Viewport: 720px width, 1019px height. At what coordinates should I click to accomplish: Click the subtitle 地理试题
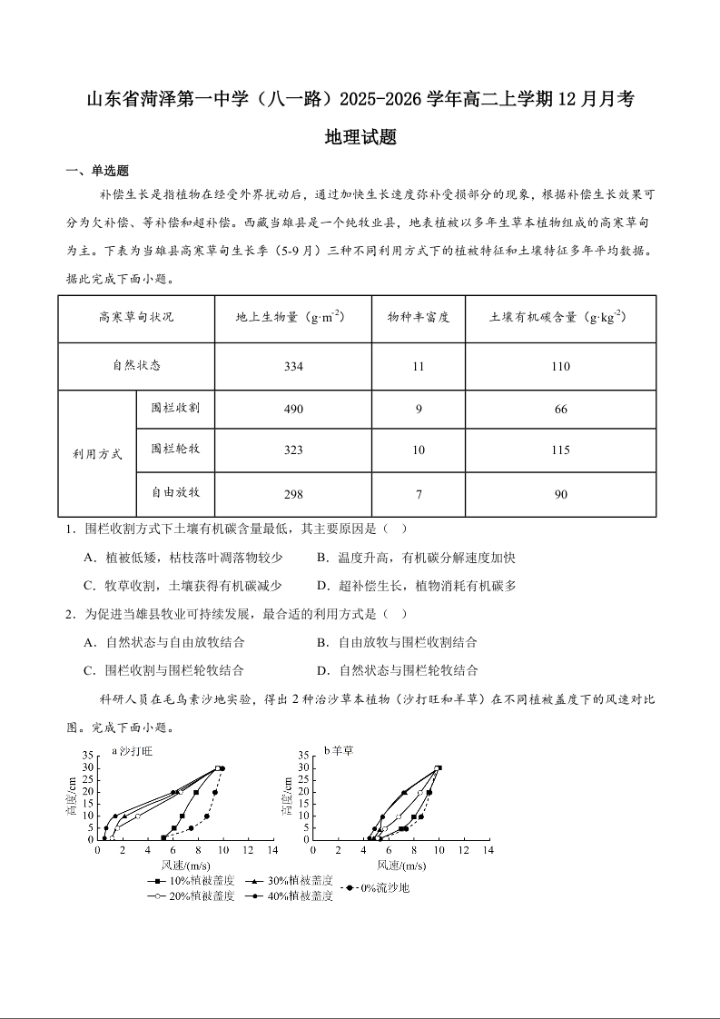[x=360, y=138]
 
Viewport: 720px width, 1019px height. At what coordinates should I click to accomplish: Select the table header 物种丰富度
[x=419, y=318]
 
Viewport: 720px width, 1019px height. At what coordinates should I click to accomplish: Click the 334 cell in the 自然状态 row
[x=293, y=366]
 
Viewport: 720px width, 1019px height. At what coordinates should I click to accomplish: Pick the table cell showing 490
[x=293, y=410]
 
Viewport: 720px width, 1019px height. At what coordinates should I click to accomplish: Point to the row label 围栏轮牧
[x=175, y=450]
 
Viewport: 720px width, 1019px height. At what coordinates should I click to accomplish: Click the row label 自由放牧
[x=175, y=493]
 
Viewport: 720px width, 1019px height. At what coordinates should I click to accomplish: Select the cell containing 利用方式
[x=97, y=453]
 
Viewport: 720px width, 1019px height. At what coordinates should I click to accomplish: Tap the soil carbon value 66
[x=560, y=410]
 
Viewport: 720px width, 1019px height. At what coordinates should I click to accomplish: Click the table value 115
[x=560, y=450]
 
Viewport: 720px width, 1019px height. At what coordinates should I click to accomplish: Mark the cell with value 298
[x=293, y=494]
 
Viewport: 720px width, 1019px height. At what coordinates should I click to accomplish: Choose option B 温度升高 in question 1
[x=416, y=558]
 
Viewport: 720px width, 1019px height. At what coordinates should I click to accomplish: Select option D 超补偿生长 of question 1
[x=416, y=586]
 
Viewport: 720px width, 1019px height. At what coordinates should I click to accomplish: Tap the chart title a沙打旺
[x=133, y=751]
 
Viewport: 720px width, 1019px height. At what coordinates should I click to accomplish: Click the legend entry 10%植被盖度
[x=191, y=881]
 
